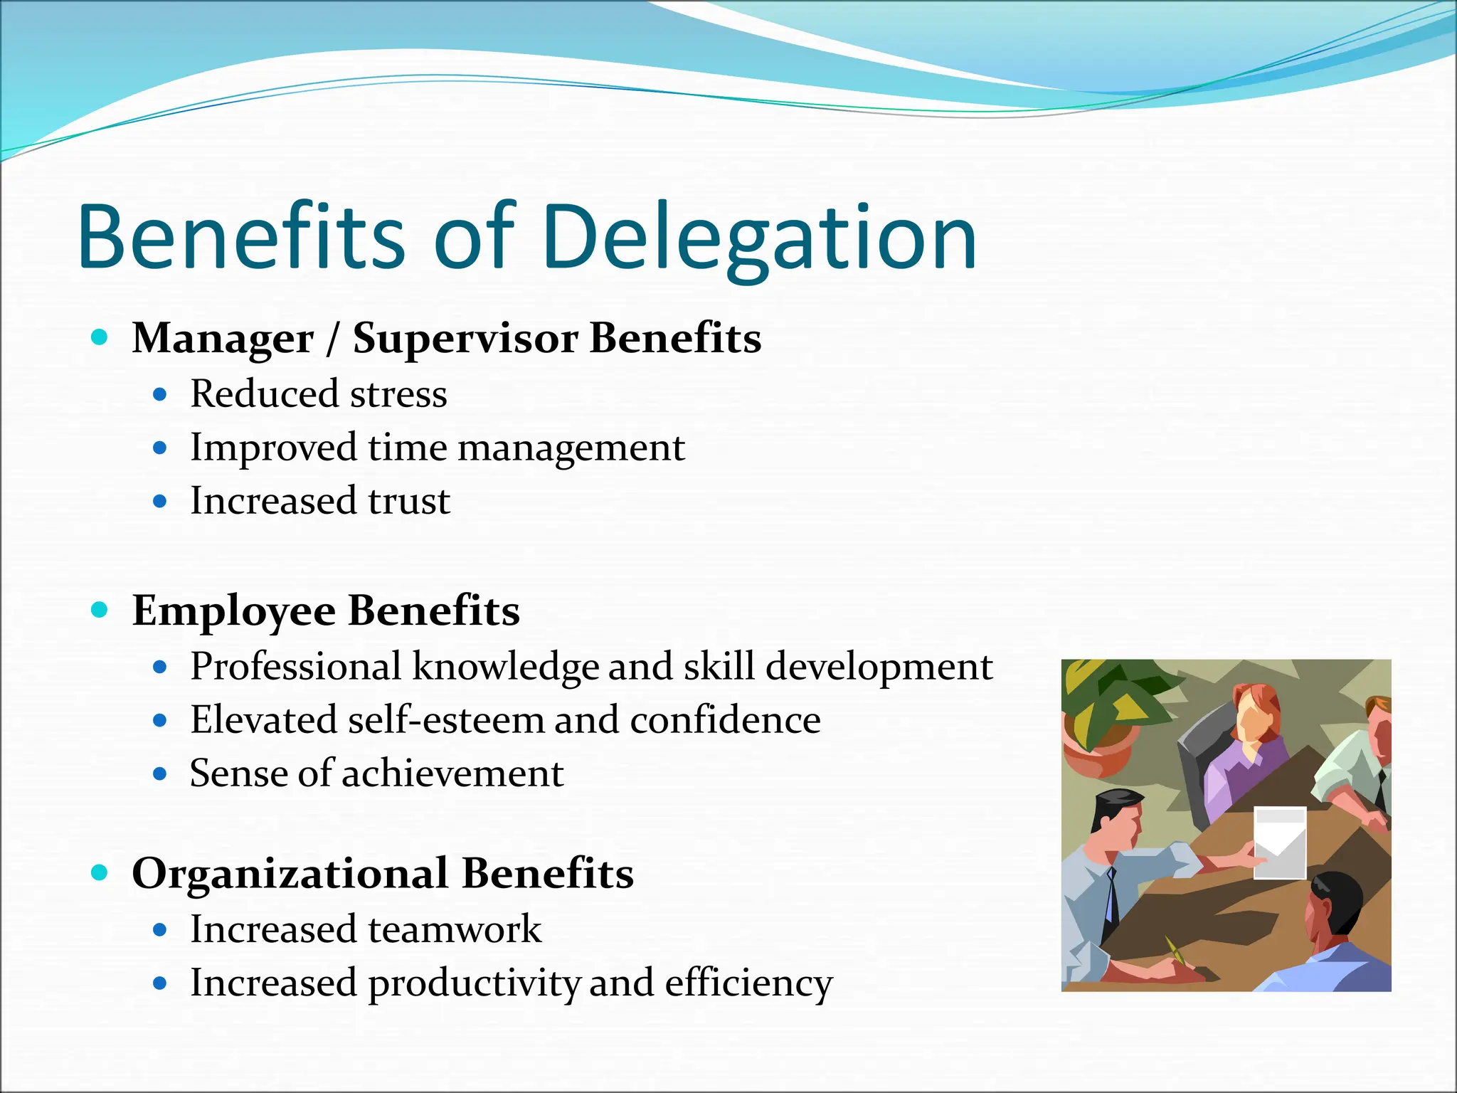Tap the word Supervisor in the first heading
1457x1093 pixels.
point(465,338)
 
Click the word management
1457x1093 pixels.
point(571,448)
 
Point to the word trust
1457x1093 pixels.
point(409,501)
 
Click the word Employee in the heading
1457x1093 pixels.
point(233,611)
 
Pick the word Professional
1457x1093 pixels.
point(295,667)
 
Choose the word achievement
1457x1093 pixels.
point(452,773)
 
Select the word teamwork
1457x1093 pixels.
point(455,929)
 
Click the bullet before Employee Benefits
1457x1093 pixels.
point(100,610)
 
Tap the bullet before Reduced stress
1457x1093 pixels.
point(160,394)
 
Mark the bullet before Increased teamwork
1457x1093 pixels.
point(160,930)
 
